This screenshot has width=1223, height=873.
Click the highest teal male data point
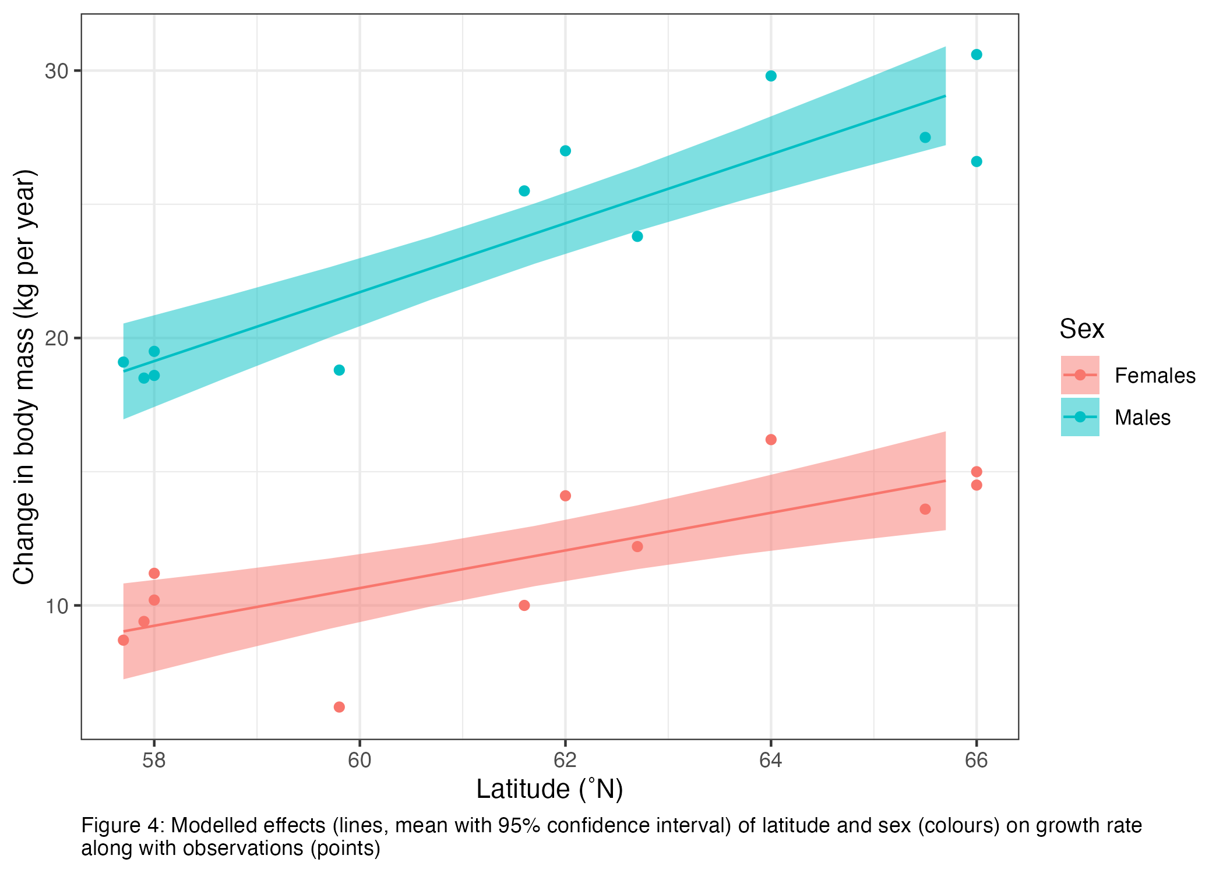(x=977, y=55)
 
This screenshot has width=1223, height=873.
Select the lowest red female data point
(x=339, y=707)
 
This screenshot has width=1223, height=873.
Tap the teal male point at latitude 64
(x=771, y=76)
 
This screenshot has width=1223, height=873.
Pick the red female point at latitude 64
(x=771, y=440)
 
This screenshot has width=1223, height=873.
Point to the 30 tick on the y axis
(x=57, y=72)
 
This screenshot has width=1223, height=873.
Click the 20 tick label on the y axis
(x=57, y=338)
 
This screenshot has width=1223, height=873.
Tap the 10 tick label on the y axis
(x=57, y=606)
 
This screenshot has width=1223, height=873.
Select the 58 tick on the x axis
(x=154, y=761)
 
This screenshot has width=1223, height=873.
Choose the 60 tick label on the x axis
(x=360, y=761)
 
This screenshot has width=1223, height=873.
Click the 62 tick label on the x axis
(x=565, y=761)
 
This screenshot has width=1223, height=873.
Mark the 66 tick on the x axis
(x=977, y=761)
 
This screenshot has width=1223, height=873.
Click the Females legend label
(x=1155, y=376)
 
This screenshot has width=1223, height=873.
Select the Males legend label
(x=1142, y=418)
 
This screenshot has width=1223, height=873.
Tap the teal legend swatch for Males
(x=1080, y=417)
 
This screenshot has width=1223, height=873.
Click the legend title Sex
(x=1081, y=329)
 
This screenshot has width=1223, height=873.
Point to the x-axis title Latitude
(x=549, y=789)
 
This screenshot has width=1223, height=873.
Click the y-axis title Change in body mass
(x=24, y=377)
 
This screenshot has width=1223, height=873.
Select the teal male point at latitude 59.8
(x=339, y=370)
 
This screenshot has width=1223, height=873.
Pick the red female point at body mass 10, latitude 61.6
(x=524, y=606)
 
